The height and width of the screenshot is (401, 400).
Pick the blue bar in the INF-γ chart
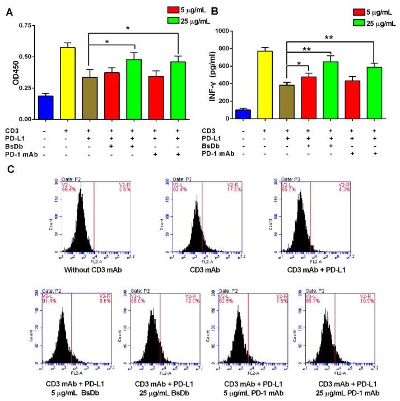coord(243,114)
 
